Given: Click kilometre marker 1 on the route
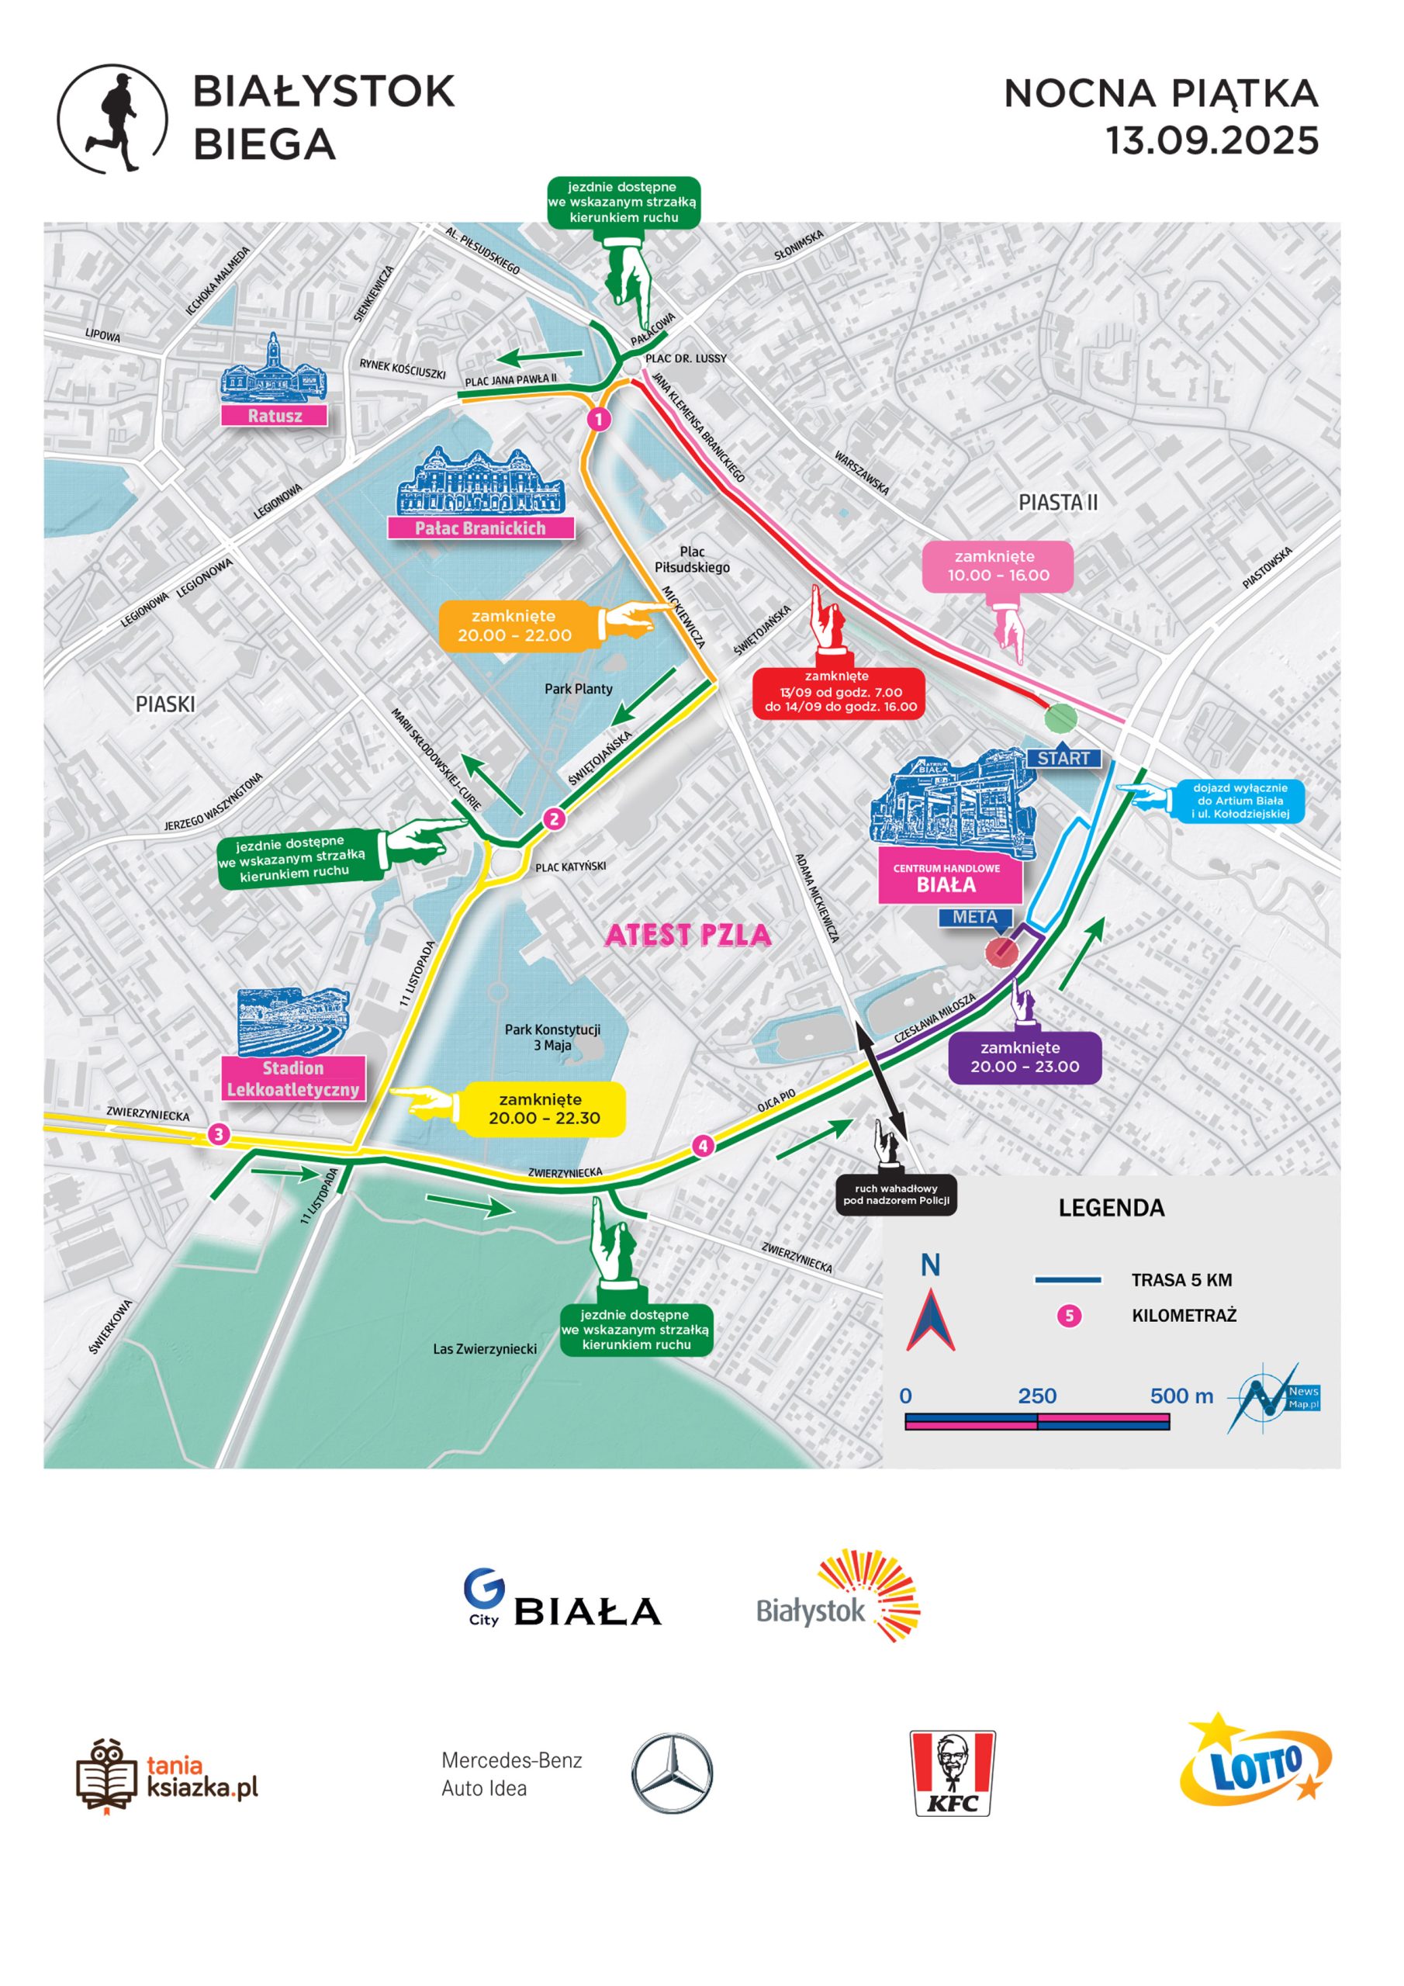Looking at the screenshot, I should point(599,420).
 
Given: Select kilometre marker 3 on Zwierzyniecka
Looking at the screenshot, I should point(218,1134).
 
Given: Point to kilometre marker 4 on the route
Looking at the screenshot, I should point(703,1146).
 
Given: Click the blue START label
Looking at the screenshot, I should point(1063,758).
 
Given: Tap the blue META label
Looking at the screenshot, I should point(975,917).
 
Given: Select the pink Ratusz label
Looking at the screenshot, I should point(275,415).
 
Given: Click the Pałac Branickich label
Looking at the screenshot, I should point(480,528).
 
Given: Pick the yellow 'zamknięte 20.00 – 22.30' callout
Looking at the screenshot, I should point(543,1108).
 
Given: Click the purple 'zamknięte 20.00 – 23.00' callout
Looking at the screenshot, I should point(1024,1057).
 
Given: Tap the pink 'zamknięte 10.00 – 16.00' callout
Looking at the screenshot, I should point(998,566).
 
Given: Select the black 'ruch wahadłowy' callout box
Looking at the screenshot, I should point(896,1195).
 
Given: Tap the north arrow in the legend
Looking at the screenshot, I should point(930,1318).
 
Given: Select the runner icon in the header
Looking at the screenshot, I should point(112,119).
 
